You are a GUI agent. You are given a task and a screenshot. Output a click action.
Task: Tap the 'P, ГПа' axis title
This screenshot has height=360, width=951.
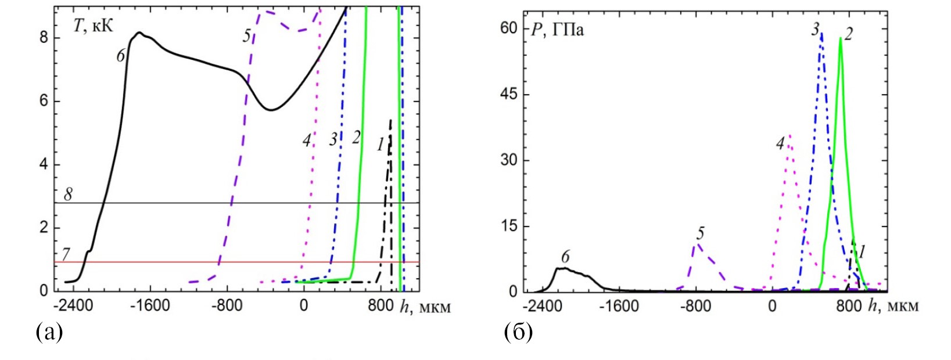[x=558, y=30]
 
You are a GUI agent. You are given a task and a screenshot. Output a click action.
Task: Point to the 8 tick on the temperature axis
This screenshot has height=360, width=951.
[x=43, y=38]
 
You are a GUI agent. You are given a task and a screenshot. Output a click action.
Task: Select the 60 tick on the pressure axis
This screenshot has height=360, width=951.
[x=509, y=28]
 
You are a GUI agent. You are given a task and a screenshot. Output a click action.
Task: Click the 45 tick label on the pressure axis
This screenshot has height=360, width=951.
[x=509, y=95]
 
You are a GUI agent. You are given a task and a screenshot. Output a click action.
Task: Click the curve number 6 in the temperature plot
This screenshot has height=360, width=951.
[x=121, y=56]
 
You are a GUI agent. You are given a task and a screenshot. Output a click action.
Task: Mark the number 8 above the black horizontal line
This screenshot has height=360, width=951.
[x=68, y=195]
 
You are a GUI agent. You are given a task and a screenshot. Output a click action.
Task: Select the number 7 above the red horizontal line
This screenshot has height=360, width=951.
[x=66, y=254]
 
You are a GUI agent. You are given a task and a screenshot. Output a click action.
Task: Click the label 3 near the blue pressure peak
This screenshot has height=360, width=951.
[x=816, y=29]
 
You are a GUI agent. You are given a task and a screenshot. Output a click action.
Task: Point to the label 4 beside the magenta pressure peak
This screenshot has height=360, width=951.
[x=780, y=143]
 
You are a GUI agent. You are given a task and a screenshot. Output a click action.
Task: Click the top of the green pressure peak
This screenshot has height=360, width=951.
[x=840, y=39]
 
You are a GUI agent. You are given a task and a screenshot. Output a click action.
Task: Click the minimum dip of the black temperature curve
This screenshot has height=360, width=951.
[x=271, y=110]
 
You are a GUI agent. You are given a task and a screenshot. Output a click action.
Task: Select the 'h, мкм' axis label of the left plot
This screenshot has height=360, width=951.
[x=425, y=307]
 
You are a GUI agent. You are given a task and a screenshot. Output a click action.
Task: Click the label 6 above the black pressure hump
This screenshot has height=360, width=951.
[x=565, y=256]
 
